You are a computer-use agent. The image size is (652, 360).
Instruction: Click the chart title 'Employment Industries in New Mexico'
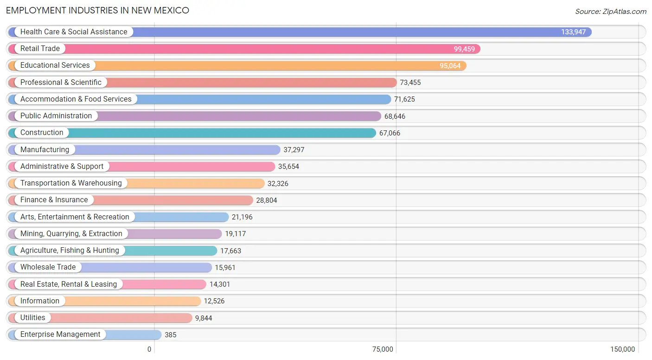(x=97, y=10)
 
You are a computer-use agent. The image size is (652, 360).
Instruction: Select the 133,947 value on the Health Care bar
(x=573, y=32)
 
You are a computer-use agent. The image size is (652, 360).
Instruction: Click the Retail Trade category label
(x=40, y=49)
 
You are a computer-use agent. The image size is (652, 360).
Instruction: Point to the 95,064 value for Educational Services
(x=450, y=66)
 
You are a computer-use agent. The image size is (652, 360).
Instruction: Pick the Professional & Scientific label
(x=61, y=83)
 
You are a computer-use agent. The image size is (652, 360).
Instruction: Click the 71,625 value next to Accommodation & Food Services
(x=404, y=99)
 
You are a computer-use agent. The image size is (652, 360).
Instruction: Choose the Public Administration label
(x=56, y=116)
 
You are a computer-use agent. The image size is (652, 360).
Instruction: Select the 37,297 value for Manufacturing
(x=294, y=150)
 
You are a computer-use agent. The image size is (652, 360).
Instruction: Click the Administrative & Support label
(x=62, y=167)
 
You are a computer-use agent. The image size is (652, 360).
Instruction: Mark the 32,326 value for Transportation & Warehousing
(x=278, y=184)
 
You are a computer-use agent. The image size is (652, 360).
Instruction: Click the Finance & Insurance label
(x=54, y=200)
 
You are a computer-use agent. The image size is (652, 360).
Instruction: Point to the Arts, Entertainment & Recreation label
(x=75, y=217)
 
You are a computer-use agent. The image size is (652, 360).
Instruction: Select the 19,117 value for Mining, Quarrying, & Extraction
(x=235, y=234)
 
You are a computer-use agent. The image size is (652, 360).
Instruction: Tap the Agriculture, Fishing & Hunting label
(x=70, y=251)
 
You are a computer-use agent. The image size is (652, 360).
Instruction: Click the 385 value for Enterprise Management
(x=170, y=335)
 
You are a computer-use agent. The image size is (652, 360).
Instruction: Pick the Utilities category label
(x=32, y=318)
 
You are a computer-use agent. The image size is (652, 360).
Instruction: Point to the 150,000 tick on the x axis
(x=622, y=349)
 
